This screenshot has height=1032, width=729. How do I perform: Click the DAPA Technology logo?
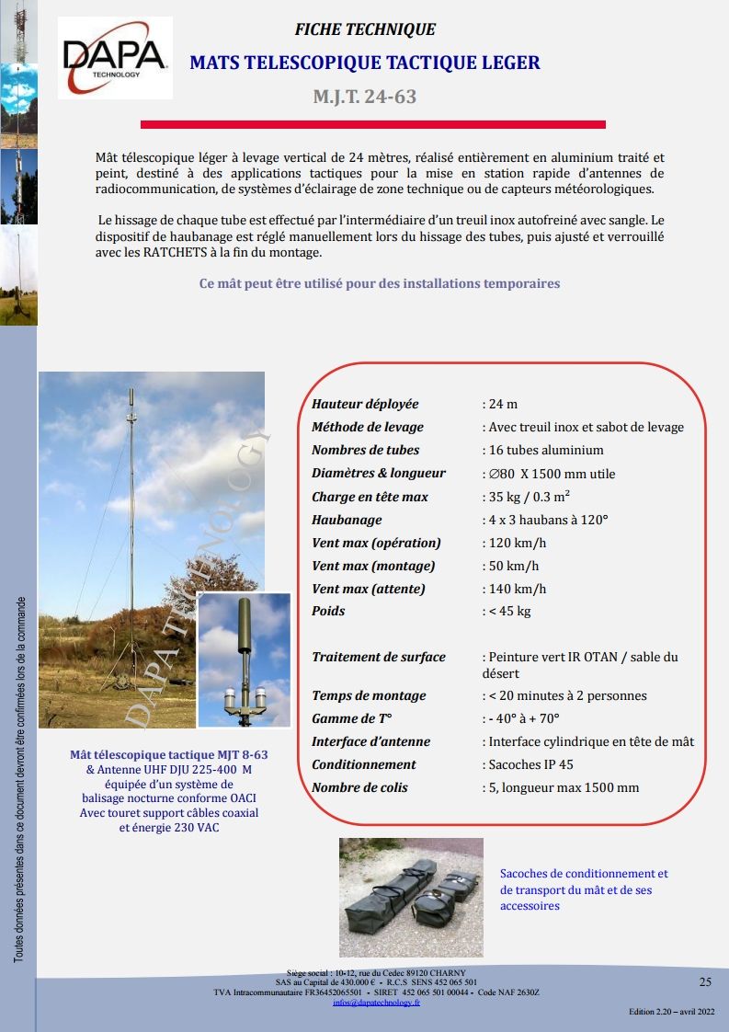(x=115, y=57)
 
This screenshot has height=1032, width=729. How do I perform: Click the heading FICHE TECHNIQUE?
(x=365, y=29)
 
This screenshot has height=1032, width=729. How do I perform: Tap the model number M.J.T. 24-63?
(x=365, y=97)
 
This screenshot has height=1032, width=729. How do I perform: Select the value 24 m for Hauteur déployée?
(x=502, y=404)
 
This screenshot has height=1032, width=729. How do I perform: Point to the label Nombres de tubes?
(x=365, y=450)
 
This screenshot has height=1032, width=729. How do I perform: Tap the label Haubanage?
(x=347, y=520)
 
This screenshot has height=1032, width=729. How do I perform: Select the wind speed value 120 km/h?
(x=517, y=543)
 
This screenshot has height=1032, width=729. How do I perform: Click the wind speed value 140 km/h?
(x=517, y=589)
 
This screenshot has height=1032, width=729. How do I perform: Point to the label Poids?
(x=328, y=611)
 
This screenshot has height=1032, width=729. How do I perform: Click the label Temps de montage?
(x=369, y=695)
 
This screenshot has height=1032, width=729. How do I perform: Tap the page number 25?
(x=705, y=981)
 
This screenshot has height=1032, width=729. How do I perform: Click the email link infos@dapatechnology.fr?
(x=376, y=1003)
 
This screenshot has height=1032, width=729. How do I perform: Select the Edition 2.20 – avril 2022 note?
(x=671, y=1012)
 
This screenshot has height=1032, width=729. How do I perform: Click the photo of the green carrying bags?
(x=411, y=897)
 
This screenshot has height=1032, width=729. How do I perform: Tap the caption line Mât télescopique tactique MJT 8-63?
(x=169, y=755)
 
